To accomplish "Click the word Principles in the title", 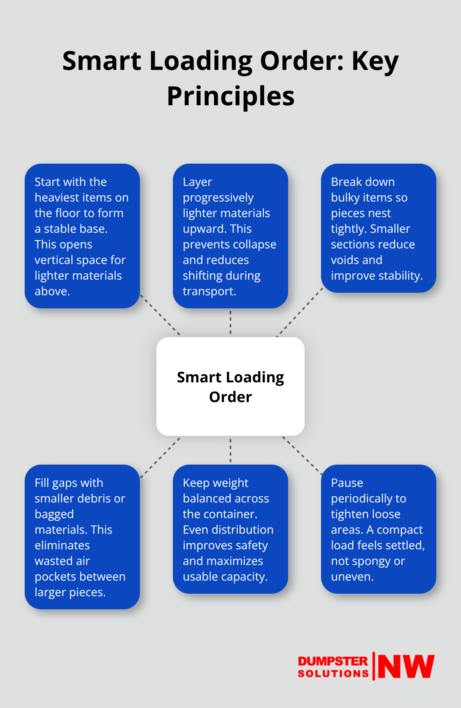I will point(230,96).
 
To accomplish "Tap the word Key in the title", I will point(375,61).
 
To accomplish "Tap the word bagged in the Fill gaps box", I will point(54,514).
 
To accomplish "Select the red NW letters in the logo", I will point(406,666).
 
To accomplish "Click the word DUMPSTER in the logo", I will point(333,661).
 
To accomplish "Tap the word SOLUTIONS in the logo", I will point(333,673).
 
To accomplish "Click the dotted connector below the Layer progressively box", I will point(230,322).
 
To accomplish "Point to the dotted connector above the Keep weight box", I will point(230,451).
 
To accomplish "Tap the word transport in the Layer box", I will point(208,292).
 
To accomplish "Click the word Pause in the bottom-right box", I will point(347,483).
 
